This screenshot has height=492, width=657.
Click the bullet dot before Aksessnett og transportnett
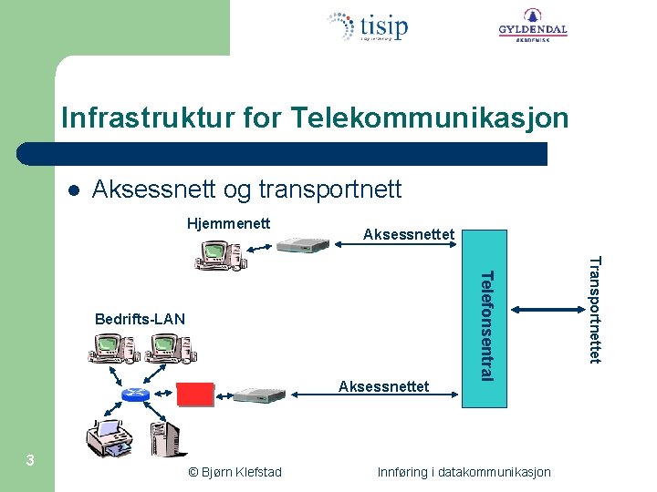coord(74,191)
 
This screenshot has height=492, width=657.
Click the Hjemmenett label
coord(228,222)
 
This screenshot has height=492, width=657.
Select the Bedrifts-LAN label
coord(140,319)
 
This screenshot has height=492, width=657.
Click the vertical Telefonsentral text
coord(487,325)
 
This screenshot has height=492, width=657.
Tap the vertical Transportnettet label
coord(594,310)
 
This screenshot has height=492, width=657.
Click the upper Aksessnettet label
coord(408,235)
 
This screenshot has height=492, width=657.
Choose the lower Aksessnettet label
coord(383,386)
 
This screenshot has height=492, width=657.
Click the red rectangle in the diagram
coord(194,395)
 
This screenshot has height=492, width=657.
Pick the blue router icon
coord(135,394)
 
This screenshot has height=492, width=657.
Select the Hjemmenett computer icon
coord(219,255)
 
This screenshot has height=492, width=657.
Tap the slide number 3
coord(30,460)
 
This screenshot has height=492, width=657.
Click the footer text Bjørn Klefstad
coord(235,472)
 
